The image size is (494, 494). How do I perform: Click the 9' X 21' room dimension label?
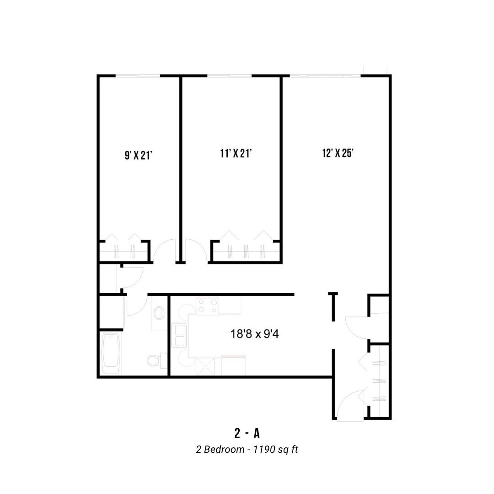pos(139,156)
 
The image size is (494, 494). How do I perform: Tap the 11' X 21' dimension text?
pos(236,153)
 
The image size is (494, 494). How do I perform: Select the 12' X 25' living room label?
pos(338,153)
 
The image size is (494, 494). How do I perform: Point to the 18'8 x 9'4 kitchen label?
pos(255,333)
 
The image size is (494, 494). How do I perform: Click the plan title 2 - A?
pos(247,434)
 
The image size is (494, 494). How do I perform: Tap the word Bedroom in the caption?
pos(224,449)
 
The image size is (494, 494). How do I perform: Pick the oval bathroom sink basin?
pos(159,313)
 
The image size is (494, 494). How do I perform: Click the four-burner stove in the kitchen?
pos(208,306)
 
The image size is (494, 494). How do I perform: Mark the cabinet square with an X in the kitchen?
pos(205,366)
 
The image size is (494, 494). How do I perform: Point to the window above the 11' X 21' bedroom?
pos(229,75)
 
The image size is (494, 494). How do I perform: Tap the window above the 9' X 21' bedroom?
pos(138,75)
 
